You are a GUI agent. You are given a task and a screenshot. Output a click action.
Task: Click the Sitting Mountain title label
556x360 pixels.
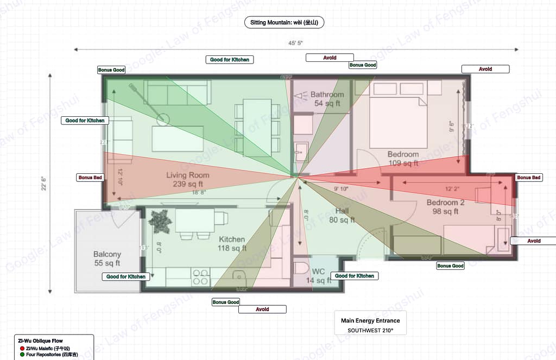284,22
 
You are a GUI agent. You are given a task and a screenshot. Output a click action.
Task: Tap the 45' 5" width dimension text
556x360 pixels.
296,42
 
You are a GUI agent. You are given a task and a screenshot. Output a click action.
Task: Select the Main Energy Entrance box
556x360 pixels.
370,325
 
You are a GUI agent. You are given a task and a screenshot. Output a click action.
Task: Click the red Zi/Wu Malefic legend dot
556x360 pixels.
22,348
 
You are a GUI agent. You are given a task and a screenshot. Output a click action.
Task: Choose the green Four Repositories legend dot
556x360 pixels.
22,355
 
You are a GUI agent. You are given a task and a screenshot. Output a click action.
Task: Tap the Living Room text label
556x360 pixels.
187,175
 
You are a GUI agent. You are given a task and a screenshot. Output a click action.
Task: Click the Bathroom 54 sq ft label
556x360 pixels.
327,98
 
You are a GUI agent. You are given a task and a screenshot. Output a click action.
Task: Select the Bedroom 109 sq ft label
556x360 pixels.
403,158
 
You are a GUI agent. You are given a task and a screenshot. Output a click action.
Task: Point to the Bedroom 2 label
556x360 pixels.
445,203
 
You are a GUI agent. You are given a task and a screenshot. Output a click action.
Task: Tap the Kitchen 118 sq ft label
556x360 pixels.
232,243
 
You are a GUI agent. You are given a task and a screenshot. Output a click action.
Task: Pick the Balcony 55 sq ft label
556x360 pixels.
107,258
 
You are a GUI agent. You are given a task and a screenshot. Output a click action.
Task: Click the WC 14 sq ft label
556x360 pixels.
318,275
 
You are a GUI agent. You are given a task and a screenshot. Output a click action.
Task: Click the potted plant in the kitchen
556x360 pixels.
160,222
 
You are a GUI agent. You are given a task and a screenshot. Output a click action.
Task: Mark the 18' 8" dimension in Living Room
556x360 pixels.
198,192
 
